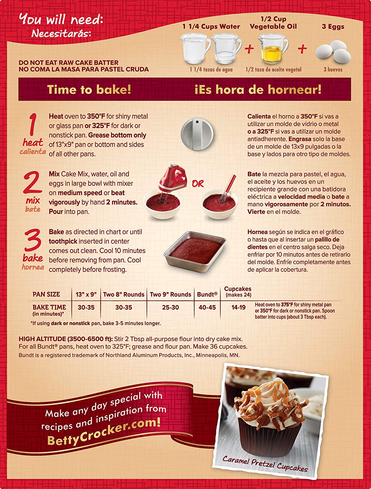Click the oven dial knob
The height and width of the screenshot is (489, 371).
coord(197,134)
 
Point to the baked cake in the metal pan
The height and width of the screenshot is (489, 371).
coord(195,251)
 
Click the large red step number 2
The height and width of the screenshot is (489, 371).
coord(32,182)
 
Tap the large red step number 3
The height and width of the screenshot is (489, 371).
coord(33,240)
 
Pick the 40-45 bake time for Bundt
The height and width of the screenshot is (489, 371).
coord(207,307)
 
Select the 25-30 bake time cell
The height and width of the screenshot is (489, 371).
coord(170,307)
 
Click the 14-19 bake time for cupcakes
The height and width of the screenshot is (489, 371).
coord(238,307)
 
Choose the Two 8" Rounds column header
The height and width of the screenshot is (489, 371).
coord(123,294)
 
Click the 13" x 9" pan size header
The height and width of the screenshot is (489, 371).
coord(86,294)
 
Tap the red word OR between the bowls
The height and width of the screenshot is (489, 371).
coord(198,184)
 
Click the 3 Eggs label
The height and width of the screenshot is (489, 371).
coord(333,26)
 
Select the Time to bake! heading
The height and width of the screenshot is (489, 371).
coord(89,90)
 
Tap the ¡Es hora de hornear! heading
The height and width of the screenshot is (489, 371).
coord(258,90)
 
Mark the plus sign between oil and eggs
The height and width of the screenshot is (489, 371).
coord(302,49)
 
